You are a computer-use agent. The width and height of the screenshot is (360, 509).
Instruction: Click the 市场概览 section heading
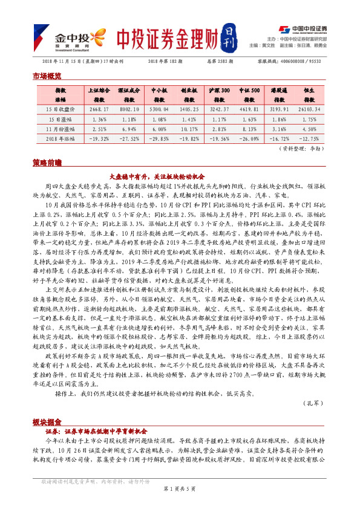tap(47, 76)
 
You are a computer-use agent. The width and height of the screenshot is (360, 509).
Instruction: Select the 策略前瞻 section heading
tap(47, 163)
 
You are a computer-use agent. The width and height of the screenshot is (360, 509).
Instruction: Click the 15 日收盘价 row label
tap(56, 109)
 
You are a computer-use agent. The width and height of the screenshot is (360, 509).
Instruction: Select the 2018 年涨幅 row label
tap(56, 138)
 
